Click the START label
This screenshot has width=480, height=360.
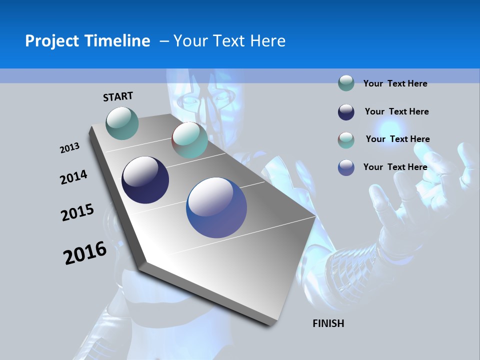tap(118, 96)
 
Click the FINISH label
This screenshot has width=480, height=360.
tap(328, 323)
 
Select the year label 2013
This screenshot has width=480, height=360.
tap(69, 148)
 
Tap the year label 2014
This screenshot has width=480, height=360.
tap(73, 177)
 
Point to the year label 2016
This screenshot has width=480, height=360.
tap(85, 253)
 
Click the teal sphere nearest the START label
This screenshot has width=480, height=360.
tap(122, 123)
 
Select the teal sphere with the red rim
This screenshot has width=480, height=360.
tap(189, 140)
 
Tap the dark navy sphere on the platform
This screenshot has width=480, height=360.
tap(145, 180)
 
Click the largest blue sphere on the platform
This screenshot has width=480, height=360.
tap(216, 207)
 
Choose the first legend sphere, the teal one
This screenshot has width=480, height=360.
tap(346, 83)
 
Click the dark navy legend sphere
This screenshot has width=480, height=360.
tap(346, 112)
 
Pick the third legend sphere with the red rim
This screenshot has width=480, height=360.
tap(346, 140)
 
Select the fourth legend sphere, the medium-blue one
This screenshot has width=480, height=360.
tap(346, 167)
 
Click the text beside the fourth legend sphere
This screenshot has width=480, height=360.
tap(395, 167)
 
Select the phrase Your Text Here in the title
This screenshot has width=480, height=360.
tap(229, 41)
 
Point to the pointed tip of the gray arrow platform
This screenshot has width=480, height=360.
tap(315, 216)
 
